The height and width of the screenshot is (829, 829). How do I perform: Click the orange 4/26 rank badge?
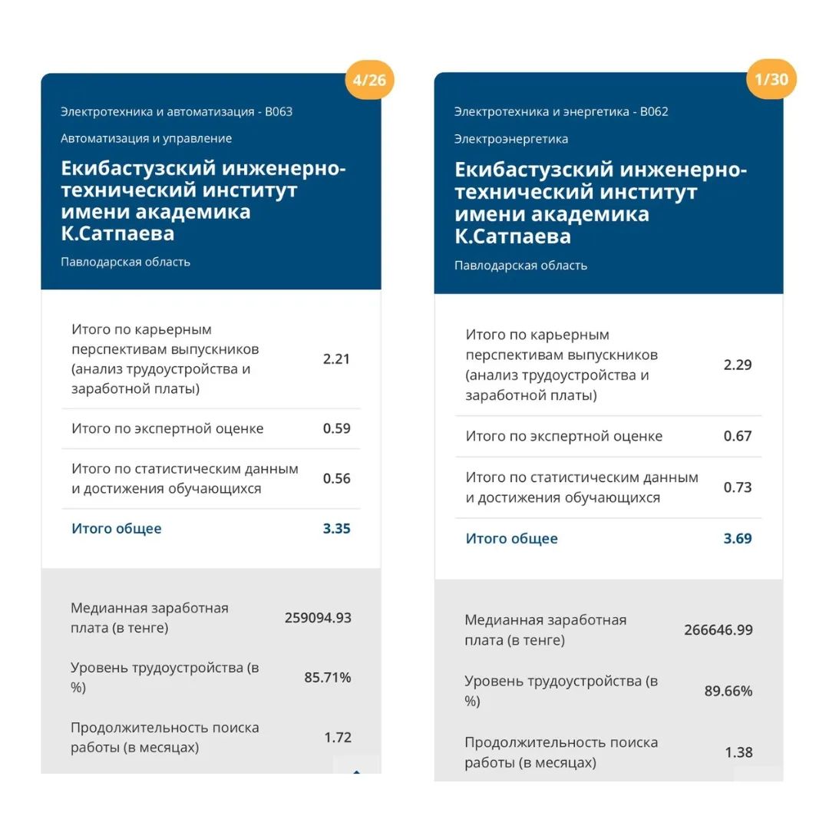coord(369,80)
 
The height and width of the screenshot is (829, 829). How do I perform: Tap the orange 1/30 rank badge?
coord(771,80)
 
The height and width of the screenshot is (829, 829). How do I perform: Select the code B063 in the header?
coord(279,111)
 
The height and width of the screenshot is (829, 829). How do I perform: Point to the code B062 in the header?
coord(653,111)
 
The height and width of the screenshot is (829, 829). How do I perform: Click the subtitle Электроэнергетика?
coord(510,139)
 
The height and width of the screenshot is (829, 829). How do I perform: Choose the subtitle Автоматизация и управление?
coord(146,138)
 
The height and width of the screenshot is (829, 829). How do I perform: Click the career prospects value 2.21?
coord(336,358)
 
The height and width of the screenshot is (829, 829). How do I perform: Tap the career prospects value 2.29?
coord(738,365)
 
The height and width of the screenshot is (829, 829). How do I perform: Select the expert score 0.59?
coord(336,428)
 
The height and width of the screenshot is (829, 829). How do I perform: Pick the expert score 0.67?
coord(738,436)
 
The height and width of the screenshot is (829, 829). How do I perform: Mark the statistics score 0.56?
coord(336,478)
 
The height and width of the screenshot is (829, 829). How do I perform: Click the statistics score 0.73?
coord(738,487)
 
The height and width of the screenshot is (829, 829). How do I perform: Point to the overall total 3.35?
coord(336,528)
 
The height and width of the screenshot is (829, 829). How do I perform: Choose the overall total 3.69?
coord(738,538)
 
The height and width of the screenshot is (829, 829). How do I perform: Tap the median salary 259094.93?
coord(318,617)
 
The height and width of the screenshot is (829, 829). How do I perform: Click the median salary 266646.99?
coord(718,629)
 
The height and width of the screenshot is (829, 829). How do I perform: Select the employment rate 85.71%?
coord(328,677)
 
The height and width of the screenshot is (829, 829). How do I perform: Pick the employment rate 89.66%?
coord(728,691)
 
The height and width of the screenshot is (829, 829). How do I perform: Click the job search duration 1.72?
coord(338,737)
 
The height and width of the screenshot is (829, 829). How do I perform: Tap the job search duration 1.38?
coord(738,752)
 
